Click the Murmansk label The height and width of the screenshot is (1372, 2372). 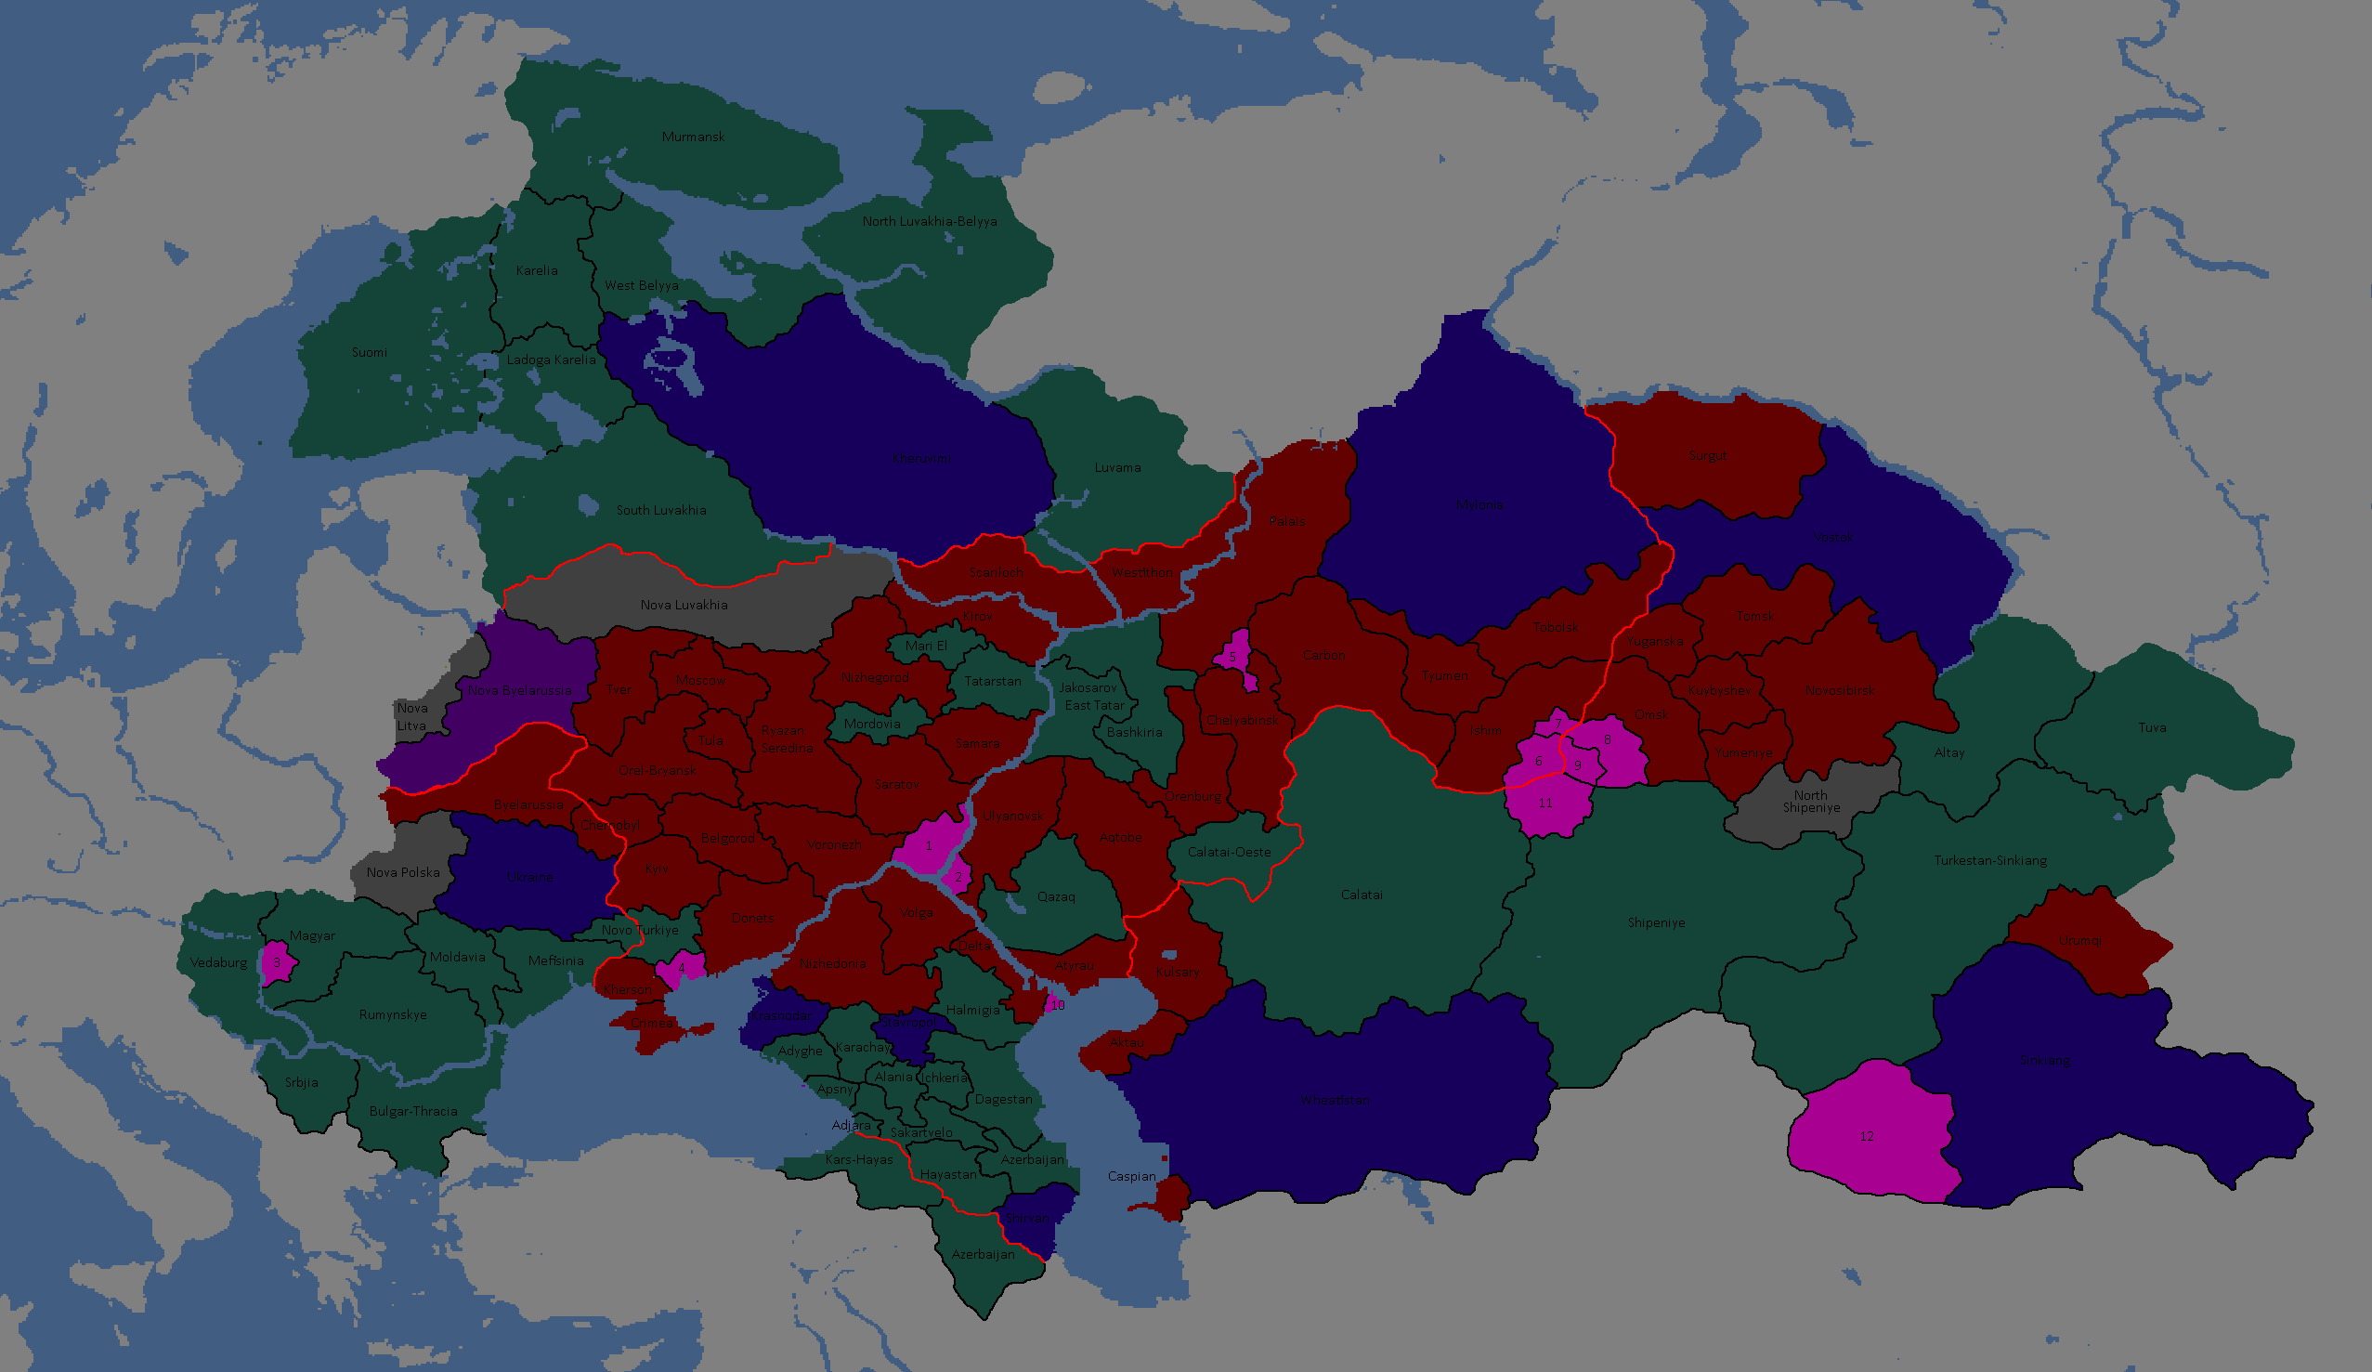693,137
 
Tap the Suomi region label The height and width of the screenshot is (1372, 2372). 369,353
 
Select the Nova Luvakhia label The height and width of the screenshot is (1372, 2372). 684,606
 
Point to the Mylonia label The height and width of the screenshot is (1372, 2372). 1479,504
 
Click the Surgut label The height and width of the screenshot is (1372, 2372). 1707,457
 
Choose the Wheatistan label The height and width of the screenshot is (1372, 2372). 1335,1100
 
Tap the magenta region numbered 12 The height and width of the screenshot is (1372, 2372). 1868,1137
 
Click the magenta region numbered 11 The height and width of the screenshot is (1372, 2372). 1544,804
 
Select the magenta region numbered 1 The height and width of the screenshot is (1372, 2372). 928,844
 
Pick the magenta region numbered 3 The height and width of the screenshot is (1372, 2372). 278,962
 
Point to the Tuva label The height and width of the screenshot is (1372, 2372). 2152,728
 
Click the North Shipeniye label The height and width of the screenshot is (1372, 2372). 1810,802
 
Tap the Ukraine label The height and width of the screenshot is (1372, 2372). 530,878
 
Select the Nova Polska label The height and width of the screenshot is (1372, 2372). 403,873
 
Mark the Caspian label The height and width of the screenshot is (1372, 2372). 1131,1176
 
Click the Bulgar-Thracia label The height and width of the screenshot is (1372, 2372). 412,1111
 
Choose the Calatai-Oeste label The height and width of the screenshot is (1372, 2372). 1229,852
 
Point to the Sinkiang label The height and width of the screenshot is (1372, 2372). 2044,1060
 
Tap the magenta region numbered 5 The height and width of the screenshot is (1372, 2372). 1233,656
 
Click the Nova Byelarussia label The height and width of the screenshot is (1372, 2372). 519,690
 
